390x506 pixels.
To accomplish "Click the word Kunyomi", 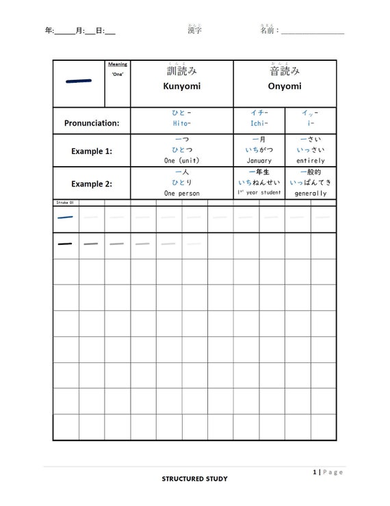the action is pyautogui.click(x=181, y=87).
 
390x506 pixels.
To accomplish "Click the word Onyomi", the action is pyautogui.click(x=285, y=87).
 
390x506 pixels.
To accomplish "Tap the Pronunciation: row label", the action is pyautogui.click(x=91, y=123).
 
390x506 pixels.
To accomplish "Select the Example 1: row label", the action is pyautogui.click(x=91, y=150).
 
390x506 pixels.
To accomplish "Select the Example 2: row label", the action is pyautogui.click(x=91, y=183).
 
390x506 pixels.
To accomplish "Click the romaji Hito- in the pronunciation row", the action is pyautogui.click(x=181, y=124).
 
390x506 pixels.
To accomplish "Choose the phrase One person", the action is pyautogui.click(x=181, y=193).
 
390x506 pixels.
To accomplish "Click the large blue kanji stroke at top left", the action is pyautogui.click(x=79, y=81).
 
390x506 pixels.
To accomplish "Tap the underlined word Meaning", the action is pyautogui.click(x=117, y=65).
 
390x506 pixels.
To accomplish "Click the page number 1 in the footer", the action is pyautogui.click(x=314, y=472).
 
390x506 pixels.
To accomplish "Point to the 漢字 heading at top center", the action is pyautogui.click(x=194, y=31).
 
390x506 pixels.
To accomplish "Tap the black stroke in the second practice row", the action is pyautogui.click(x=66, y=243).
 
